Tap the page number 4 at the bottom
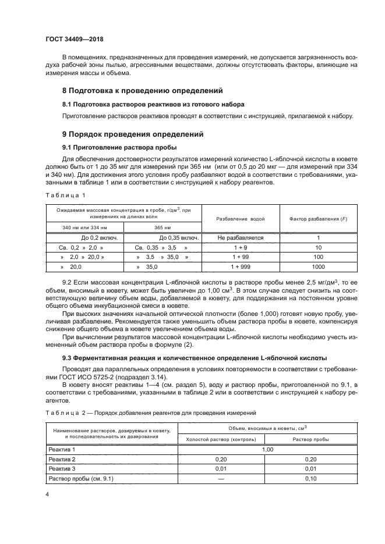pos(47,494)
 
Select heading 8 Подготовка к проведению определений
pos(143,91)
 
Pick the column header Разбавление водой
pos(241,219)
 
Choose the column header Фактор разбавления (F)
pos(318,219)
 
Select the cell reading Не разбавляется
pos(241,238)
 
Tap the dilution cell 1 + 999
pos(241,266)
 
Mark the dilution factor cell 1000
pos(318,266)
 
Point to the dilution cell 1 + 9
pos(241,247)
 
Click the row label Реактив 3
pos(63,468)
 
